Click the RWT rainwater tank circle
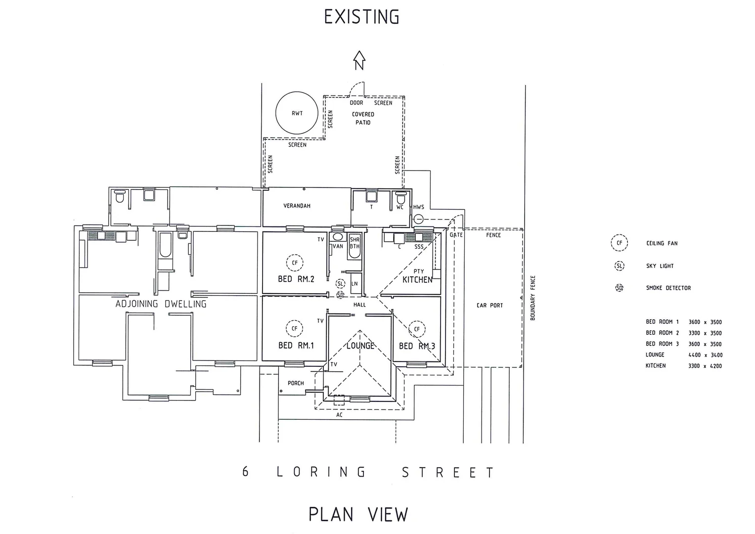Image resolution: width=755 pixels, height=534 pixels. pyautogui.click(x=297, y=113)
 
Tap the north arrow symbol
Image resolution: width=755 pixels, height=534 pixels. pyautogui.click(x=359, y=61)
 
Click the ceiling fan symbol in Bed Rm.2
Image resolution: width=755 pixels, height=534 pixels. pyautogui.click(x=295, y=263)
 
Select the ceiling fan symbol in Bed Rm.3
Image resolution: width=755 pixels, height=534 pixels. pyautogui.click(x=417, y=329)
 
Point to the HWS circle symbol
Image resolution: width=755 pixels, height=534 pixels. pyautogui.click(x=419, y=219)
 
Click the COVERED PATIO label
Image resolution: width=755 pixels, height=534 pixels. pyautogui.click(x=363, y=118)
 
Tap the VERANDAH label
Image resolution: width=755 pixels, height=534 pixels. pyautogui.click(x=297, y=206)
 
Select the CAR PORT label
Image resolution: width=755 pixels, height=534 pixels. pyautogui.click(x=489, y=306)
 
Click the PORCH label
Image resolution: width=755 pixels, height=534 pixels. pyautogui.click(x=296, y=383)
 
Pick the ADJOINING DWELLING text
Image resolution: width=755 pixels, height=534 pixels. pyautogui.click(x=161, y=304)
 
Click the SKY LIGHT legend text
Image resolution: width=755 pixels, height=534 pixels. pyautogui.click(x=660, y=266)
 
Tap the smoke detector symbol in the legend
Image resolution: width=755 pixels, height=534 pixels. pyautogui.click(x=620, y=288)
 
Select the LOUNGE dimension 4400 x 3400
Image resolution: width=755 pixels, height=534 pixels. pyautogui.click(x=705, y=355)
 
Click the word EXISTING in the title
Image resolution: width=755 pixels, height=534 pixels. pyautogui.click(x=361, y=17)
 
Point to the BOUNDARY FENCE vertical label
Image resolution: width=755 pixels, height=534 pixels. pyautogui.click(x=533, y=298)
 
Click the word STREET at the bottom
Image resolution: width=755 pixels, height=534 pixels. pyautogui.click(x=447, y=473)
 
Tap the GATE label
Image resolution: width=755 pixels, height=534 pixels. pyautogui.click(x=456, y=235)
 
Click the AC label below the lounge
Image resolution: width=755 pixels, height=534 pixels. pyautogui.click(x=339, y=415)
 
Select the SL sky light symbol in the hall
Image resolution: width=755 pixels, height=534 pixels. pyautogui.click(x=340, y=284)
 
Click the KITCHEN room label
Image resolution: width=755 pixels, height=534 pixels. pyautogui.click(x=417, y=280)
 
